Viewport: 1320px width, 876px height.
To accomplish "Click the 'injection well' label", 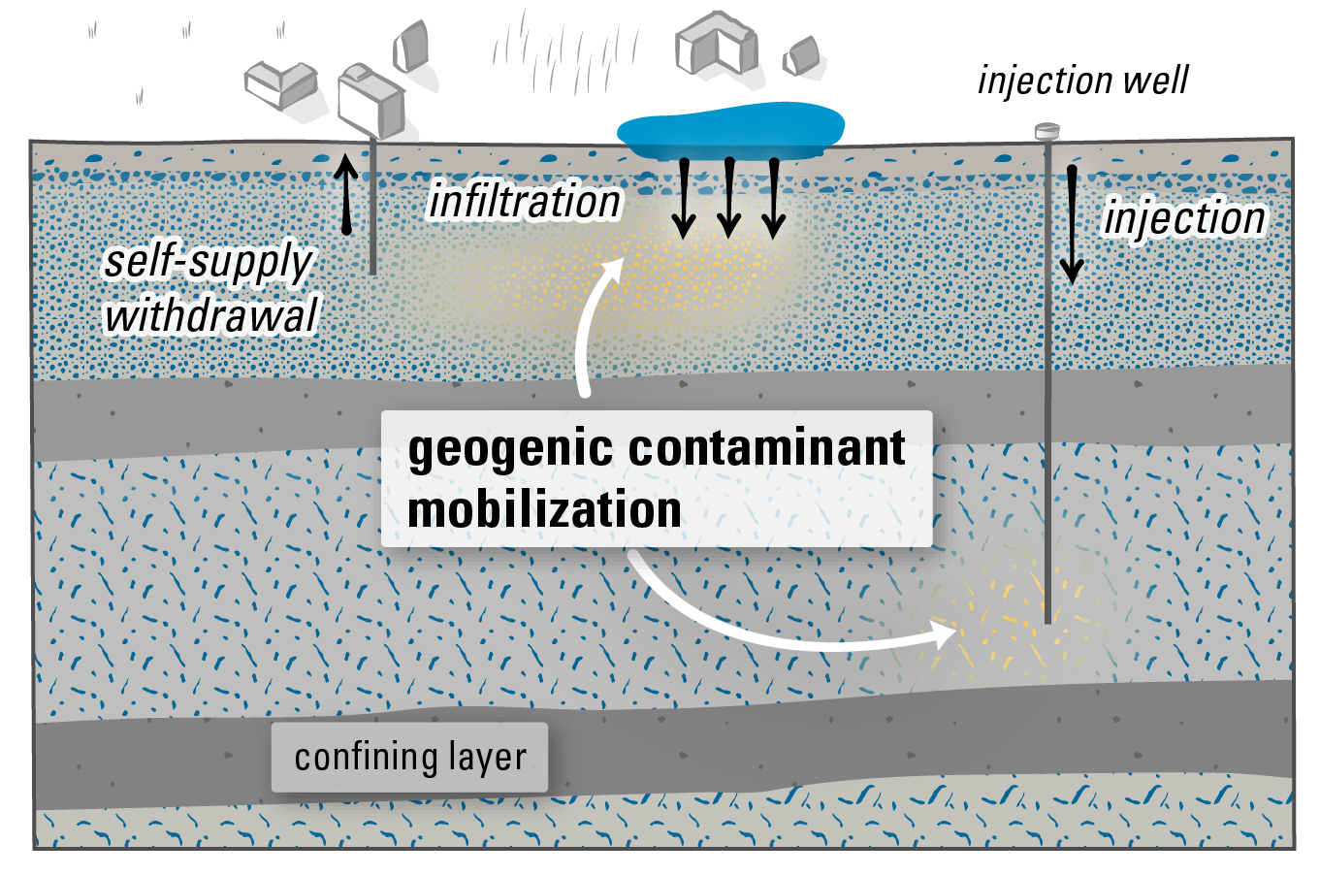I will (x=1082, y=81).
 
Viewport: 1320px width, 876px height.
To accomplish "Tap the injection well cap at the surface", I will (x=1046, y=130).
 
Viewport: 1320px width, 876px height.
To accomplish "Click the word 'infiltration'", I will (x=525, y=202).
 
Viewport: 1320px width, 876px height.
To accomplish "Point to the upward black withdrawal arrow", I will (x=346, y=194).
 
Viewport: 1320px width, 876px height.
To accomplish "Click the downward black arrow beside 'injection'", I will (x=1072, y=223).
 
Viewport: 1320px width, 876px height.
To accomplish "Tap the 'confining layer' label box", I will (x=409, y=757).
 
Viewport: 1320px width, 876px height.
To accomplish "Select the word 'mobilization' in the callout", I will (x=544, y=510).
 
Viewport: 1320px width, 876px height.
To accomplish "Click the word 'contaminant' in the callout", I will (x=767, y=448).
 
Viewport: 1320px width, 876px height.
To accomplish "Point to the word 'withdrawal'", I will (x=210, y=315).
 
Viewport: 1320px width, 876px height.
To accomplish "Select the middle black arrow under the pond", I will (x=728, y=198).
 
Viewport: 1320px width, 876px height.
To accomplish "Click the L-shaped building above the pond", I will (x=716, y=44).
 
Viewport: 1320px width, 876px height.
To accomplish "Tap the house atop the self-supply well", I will (x=370, y=102).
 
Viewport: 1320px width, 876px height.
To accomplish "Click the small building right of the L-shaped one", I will (x=803, y=57).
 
